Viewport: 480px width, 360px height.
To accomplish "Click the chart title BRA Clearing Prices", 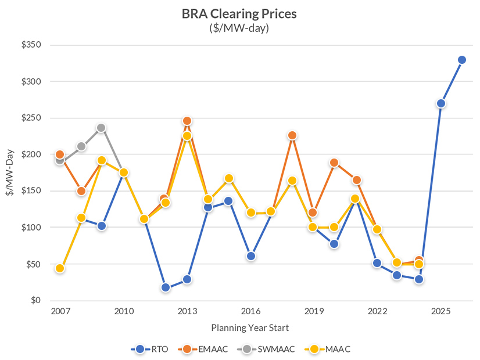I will coord(240,13).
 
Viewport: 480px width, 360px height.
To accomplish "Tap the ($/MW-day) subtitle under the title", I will coord(240,27).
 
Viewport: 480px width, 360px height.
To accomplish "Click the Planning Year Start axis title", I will coord(250,327).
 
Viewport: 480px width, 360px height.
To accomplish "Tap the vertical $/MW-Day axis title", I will coord(10,172).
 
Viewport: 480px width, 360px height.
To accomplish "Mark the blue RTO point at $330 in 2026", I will coord(462,60).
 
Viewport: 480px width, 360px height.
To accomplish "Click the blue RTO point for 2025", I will coord(441,103).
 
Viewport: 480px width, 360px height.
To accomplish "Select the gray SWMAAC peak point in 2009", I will coord(102,128).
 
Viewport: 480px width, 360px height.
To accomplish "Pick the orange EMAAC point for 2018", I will coord(292,135).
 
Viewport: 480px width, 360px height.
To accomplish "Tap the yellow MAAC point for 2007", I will coord(60,268).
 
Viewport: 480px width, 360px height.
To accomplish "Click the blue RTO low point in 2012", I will coord(166,287).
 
